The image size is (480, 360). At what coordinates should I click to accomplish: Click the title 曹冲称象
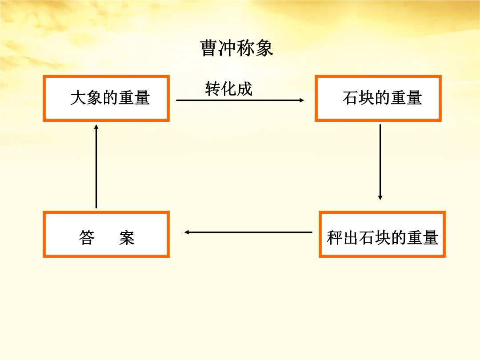click(x=236, y=48)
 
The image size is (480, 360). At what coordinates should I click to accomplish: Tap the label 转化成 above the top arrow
click(x=229, y=89)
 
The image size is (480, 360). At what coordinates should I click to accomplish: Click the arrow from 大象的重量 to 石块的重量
click(x=240, y=100)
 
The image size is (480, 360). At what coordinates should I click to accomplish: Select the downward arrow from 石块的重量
click(x=380, y=162)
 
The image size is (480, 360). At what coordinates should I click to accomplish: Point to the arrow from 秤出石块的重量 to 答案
click(x=248, y=232)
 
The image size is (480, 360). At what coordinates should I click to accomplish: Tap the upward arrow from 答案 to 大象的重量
click(x=96, y=166)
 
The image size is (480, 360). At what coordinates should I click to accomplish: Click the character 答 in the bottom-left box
click(x=87, y=237)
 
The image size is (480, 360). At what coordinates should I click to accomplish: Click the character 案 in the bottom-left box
click(x=127, y=237)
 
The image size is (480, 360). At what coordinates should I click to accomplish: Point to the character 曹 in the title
click(x=209, y=48)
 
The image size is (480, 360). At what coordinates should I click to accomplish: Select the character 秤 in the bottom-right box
click(x=335, y=237)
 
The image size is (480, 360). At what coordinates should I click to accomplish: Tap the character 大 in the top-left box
click(x=78, y=98)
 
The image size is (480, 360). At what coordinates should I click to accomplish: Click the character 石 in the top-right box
click(x=351, y=98)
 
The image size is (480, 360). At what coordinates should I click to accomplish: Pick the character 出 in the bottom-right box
click(x=351, y=237)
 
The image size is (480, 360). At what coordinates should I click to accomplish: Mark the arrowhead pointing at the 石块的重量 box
click(x=302, y=100)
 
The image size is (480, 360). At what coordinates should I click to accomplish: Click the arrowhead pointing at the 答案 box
click(x=186, y=232)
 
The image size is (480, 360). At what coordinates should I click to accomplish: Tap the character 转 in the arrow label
click(x=213, y=89)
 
